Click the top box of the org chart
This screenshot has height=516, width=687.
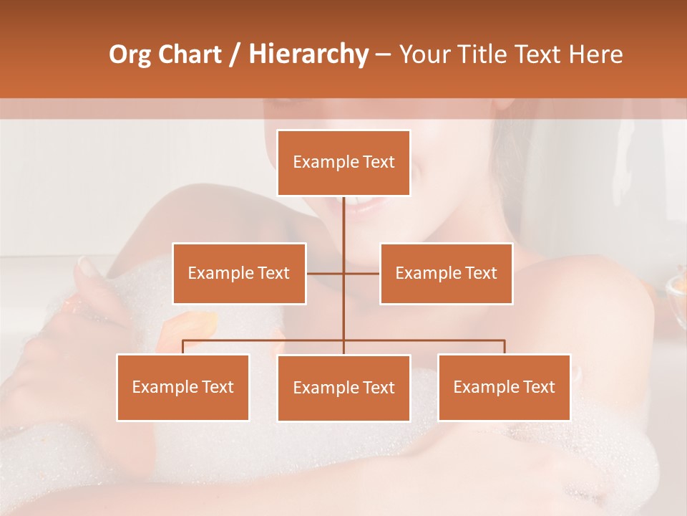coord(343,163)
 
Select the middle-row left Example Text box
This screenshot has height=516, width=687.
coord(239,273)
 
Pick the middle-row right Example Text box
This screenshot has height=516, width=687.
coord(446,273)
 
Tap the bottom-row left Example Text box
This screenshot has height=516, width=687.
coord(182,387)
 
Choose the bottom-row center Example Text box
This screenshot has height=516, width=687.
coord(343,388)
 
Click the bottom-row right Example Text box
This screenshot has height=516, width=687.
coord(504,387)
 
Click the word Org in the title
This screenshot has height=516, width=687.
coord(130,54)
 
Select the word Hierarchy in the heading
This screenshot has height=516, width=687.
coord(308,54)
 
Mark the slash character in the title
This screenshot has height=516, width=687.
coord(235,54)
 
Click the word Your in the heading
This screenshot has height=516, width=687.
coord(424,54)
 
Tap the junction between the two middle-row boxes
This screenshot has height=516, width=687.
coord(343,273)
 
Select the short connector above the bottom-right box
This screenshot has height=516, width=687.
coord(505,347)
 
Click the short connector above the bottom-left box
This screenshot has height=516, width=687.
coord(183,347)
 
